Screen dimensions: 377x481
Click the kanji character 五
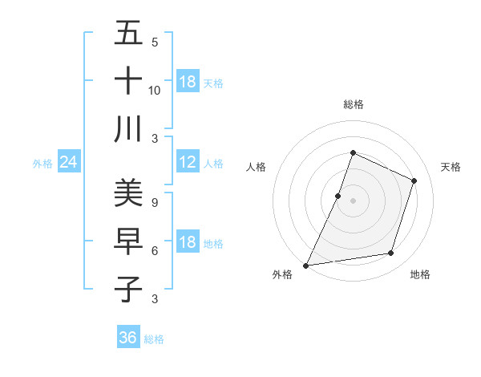[x=128, y=34]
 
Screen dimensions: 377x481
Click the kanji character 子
[x=128, y=289]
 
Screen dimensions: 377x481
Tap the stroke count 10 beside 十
[x=155, y=90]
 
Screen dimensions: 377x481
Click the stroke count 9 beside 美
[x=155, y=202]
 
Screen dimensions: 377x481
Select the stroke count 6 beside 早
[x=155, y=250]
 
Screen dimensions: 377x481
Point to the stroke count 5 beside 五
[x=155, y=42]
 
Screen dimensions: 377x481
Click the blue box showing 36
[x=128, y=338]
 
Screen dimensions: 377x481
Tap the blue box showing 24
[x=69, y=163]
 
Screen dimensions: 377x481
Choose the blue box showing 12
[x=188, y=163]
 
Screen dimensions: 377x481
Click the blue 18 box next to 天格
[x=188, y=82]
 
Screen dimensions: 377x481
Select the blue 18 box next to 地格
[x=188, y=243]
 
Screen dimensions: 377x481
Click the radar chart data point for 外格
[x=305, y=265]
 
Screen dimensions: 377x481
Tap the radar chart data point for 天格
[x=414, y=180]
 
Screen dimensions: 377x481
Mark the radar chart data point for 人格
[x=338, y=196]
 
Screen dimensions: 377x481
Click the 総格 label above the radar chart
[x=354, y=104]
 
